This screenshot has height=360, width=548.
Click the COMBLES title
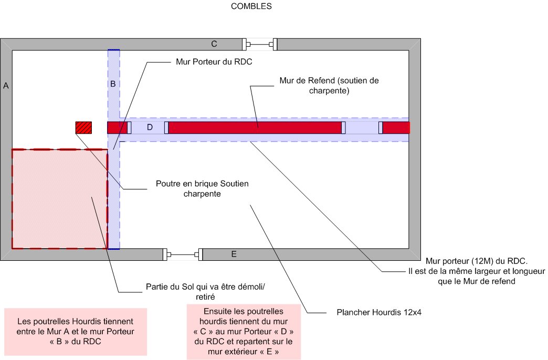click(x=251, y=6)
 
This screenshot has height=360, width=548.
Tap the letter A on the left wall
click(x=6, y=86)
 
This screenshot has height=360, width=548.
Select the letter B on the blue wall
click(x=113, y=84)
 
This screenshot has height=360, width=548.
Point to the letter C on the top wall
click(x=214, y=44)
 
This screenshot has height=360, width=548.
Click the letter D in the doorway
click(x=150, y=127)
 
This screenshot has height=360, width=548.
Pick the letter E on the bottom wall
click(x=234, y=255)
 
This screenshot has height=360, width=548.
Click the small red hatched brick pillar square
click(x=83, y=128)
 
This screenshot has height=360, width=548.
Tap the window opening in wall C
click(x=260, y=45)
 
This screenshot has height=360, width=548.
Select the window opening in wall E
click(x=183, y=255)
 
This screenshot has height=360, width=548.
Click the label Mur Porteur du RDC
click(x=214, y=62)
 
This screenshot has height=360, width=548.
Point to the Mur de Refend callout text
click(x=329, y=86)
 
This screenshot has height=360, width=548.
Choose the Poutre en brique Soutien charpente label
click(x=202, y=189)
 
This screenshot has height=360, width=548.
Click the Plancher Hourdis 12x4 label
click(x=379, y=312)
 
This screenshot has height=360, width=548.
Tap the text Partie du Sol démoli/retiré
click(x=205, y=292)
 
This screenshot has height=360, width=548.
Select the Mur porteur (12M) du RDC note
click(x=477, y=271)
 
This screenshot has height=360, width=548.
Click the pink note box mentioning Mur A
click(x=76, y=332)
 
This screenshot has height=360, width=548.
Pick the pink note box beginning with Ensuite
click(x=244, y=332)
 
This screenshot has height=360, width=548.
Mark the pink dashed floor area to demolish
click(x=60, y=199)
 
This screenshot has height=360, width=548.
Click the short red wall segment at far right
click(x=396, y=128)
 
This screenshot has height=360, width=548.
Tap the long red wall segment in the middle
click(x=255, y=128)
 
